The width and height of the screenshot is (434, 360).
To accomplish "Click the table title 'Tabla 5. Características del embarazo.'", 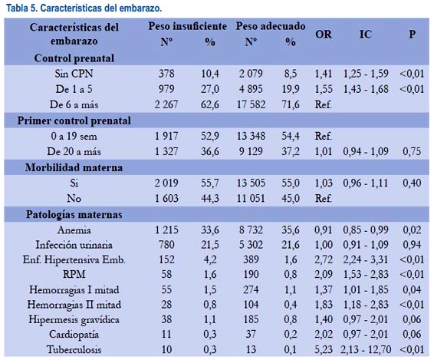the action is [84, 8].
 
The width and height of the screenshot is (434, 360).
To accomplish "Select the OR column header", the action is [324, 35].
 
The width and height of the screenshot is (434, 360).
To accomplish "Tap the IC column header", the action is [365, 35].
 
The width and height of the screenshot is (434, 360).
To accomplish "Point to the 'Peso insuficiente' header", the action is [187, 26].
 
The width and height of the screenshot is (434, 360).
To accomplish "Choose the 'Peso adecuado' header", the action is [271, 26].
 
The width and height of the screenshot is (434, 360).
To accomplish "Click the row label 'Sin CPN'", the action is [74, 74].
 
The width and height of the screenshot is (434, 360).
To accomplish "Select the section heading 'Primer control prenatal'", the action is [74, 121].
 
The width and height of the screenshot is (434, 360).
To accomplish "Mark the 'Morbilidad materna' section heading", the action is [74, 167].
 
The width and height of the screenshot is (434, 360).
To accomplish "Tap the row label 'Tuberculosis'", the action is [74, 349].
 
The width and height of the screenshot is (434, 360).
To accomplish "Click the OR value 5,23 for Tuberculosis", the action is [324, 349].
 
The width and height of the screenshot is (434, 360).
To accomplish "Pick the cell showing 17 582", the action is [251, 104].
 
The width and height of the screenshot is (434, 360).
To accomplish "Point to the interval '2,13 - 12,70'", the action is [366, 349].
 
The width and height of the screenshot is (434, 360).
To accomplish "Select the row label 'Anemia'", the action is [74, 230].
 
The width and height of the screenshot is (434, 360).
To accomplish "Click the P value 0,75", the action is [412, 151].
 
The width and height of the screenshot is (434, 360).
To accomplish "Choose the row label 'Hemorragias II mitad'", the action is [74, 305].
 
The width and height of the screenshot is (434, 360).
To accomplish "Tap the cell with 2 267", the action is [166, 104].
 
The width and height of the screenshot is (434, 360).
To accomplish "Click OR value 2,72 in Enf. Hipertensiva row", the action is [324, 259].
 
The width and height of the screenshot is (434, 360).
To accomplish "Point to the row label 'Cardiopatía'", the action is [74, 335].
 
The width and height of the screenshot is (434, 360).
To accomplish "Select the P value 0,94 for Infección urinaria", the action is [412, 245].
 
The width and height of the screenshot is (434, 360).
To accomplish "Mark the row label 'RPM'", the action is [74, 274].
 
